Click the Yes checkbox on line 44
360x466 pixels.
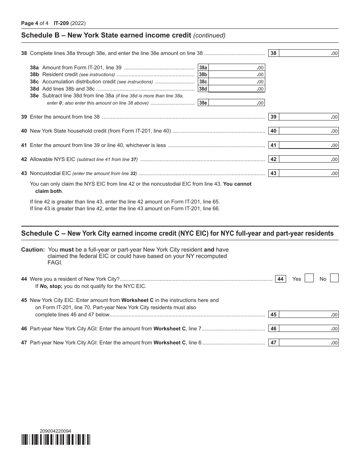pyautogui.click(x=309, y=278)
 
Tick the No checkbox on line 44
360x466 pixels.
pyautogui.click(x=334, y=278)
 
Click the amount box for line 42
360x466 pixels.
pyautogui.click(x=308, y=160)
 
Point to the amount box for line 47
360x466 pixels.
pyautogui.click(x=308, y=343)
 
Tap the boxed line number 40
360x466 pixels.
pyautogui.click(x=274, y=131)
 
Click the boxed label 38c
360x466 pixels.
pyautogui.click(x=203, y=82)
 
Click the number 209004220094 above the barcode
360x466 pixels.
pyautogui.click(x=55, y=431)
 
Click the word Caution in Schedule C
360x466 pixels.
pyautogui.click(x=33, y=250)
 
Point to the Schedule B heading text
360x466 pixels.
pyautogui.click(x=106, y=36)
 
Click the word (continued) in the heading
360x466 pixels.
pyautogui.click(x=209, y=36)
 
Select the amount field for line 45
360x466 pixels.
pyautogui.click(x=308, y=314)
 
